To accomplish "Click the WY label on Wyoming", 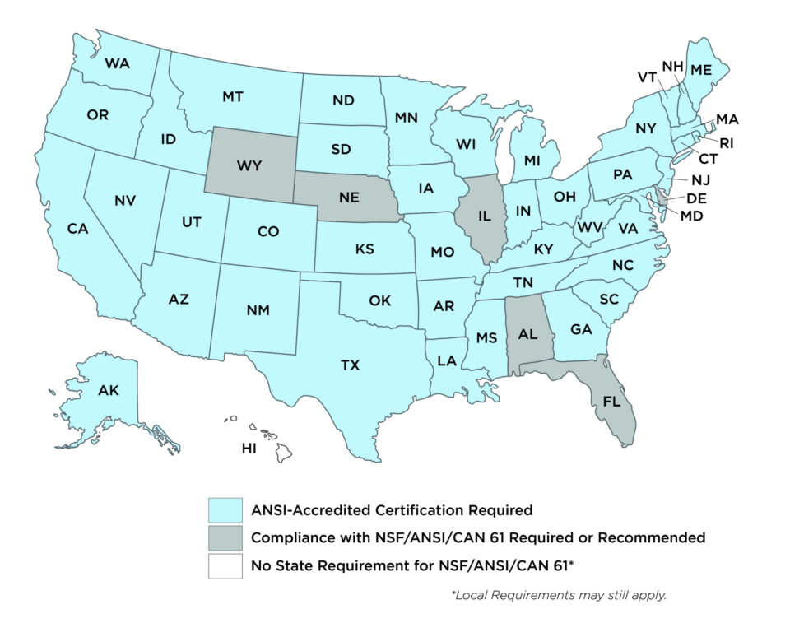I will [249, 165].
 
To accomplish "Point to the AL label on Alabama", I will [527, 334].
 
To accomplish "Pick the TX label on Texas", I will [350, 365].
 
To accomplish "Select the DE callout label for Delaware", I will [696, 198].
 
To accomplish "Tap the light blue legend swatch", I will [225, 510].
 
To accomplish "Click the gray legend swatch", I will [225, 538].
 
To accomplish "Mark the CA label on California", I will [77, 229].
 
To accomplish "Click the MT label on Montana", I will [233, 97].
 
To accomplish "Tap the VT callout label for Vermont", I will [647, 77].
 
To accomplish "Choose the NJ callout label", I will [700, 179].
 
